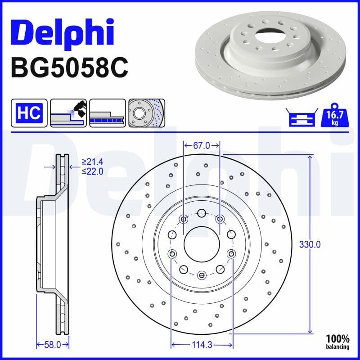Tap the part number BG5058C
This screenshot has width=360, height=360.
(x=69, y=68)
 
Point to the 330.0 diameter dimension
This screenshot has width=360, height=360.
(x=310, y=244)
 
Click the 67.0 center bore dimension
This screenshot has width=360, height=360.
(x=202, y=145)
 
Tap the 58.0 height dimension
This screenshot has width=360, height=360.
(x=53, y=345)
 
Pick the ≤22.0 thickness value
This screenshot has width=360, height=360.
(x=92, y=171)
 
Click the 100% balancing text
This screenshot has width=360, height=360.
(x=337, y=342)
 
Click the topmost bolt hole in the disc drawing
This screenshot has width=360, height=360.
(x=202, y=212)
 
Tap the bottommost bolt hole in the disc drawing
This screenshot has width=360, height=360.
(x=202, y=274)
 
